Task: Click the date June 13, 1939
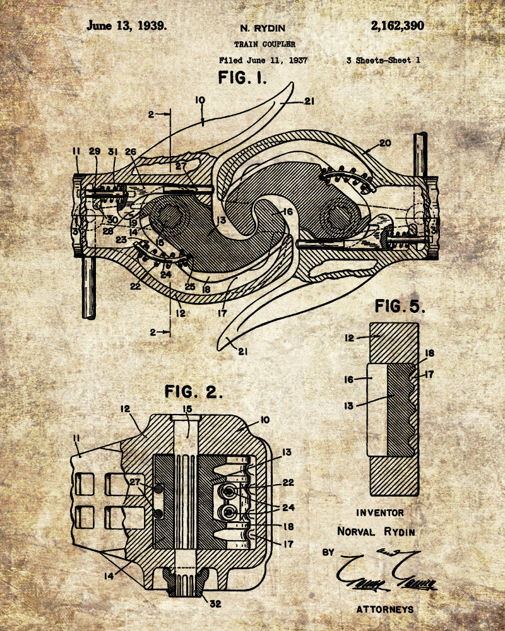(x=126, y=26)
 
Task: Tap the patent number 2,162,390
(x=397, y=26)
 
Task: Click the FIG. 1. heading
(x=242, y=79)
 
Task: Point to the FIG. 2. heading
(x=194, y=391)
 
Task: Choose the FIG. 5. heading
(x=400, y=307)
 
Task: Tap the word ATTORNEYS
(x=385, y=609)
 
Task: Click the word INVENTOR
(x=380, y=512)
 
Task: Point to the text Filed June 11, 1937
(x=264, y=61)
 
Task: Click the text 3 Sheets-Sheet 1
(x=383, y=61)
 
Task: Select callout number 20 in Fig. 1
(x=385, y=143)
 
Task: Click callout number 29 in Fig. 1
(x=95, y=151)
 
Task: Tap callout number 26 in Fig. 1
(x=130, y=151)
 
